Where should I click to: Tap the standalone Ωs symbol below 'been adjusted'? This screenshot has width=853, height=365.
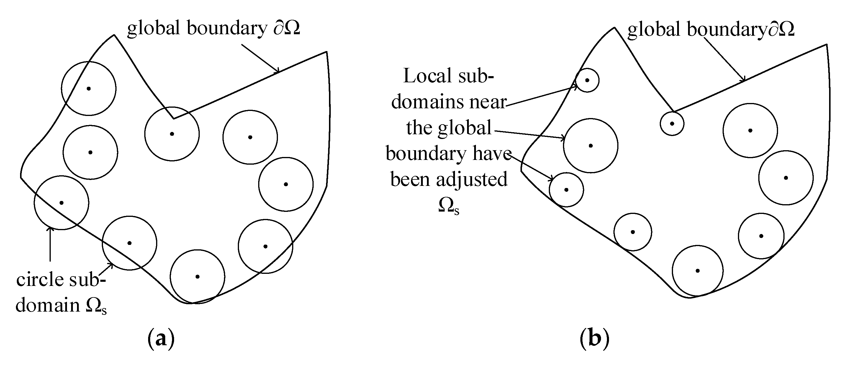pyautogui.click(x=448, y=206)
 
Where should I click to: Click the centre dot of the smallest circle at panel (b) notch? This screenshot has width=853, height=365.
pyautogui.click(x=672, y=124)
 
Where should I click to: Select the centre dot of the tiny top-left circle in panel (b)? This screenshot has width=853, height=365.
pyautogui.click(x=587, y=80)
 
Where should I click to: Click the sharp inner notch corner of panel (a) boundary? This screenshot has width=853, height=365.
pyautogui.click(x=173, y=118)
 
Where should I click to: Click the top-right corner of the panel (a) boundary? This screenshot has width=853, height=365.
pyautogui.click(x=327, y=52)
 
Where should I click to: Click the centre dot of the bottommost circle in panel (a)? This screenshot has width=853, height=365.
pyautogui.click(x=197, y=276)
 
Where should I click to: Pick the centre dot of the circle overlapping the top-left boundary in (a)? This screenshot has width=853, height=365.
pyautogui.click(x=89, y=89)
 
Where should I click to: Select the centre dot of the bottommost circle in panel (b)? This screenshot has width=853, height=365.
pyautogui.click(x=698, y=271)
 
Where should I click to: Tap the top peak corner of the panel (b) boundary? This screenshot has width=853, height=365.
pyautogui.click(x=615, y=27)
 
